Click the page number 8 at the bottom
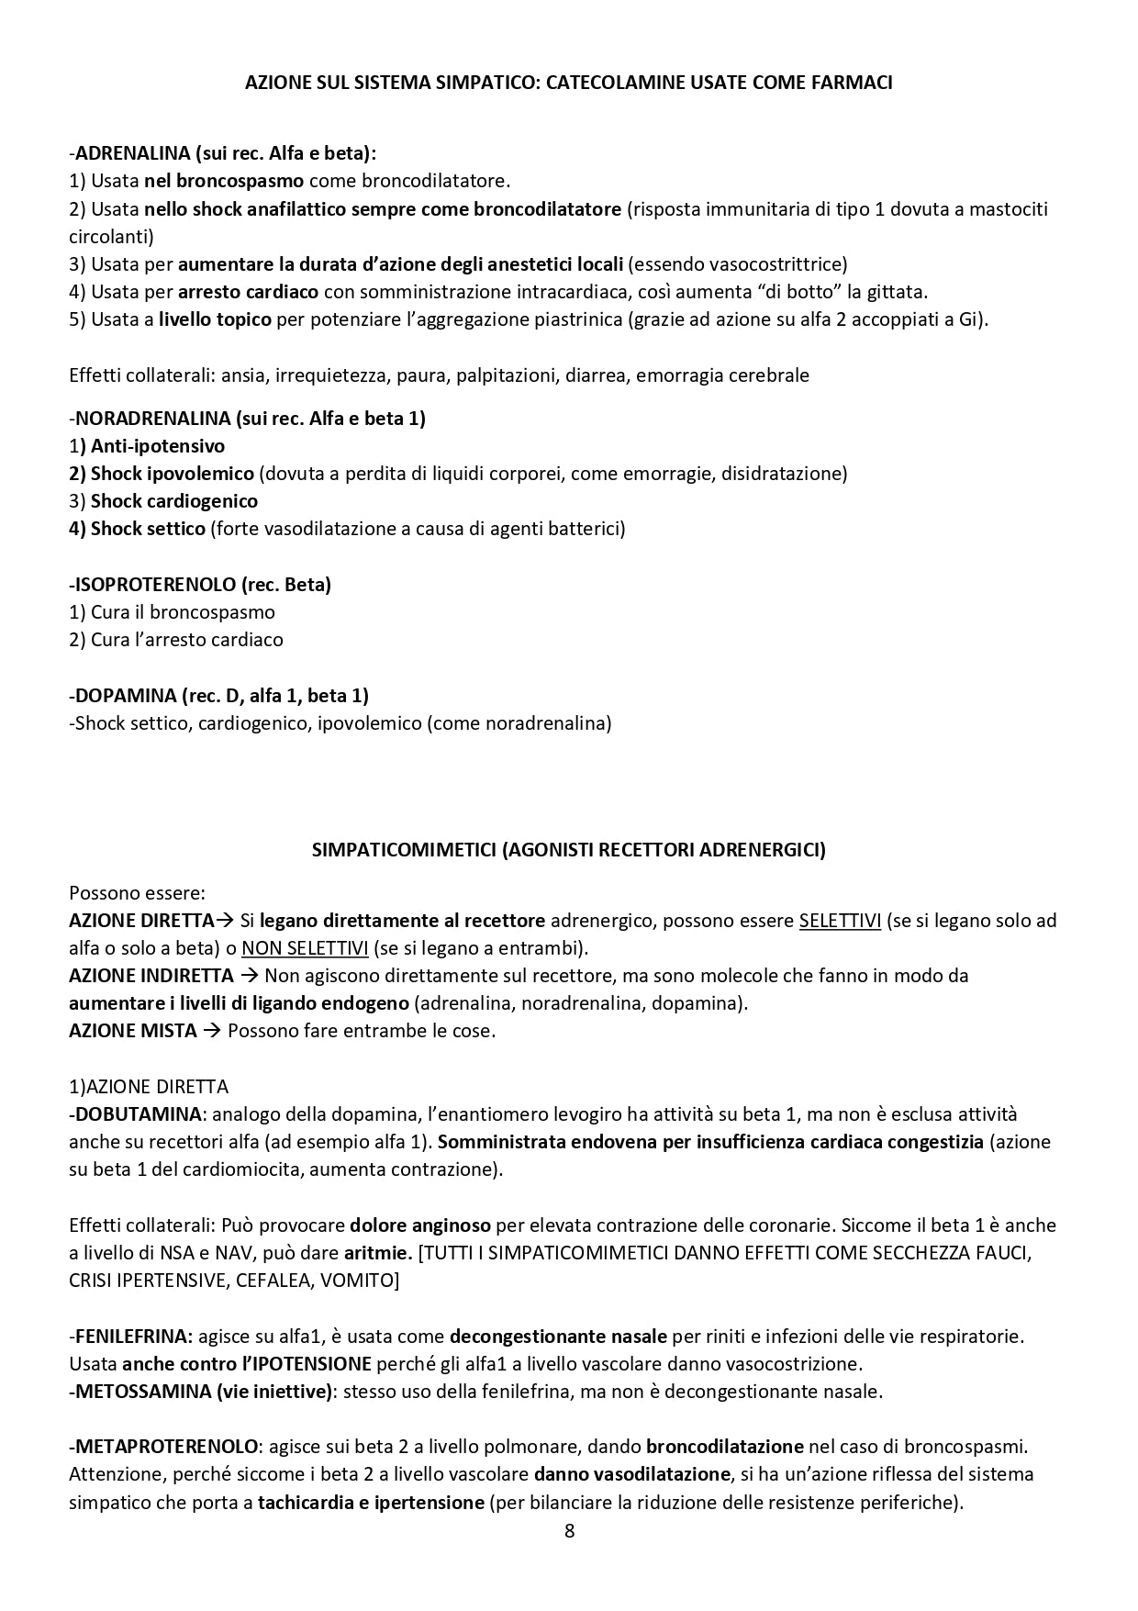click(569, 1531)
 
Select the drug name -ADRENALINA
click(128, 153)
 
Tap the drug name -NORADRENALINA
click(150, 419)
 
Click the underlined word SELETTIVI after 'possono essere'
click(840, 921)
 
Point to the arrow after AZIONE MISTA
click(211, 1031)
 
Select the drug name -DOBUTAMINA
click(135, 1114)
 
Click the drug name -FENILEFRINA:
click(130, 1337)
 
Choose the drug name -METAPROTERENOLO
click(163, 1447)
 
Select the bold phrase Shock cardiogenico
click(174, 501)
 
